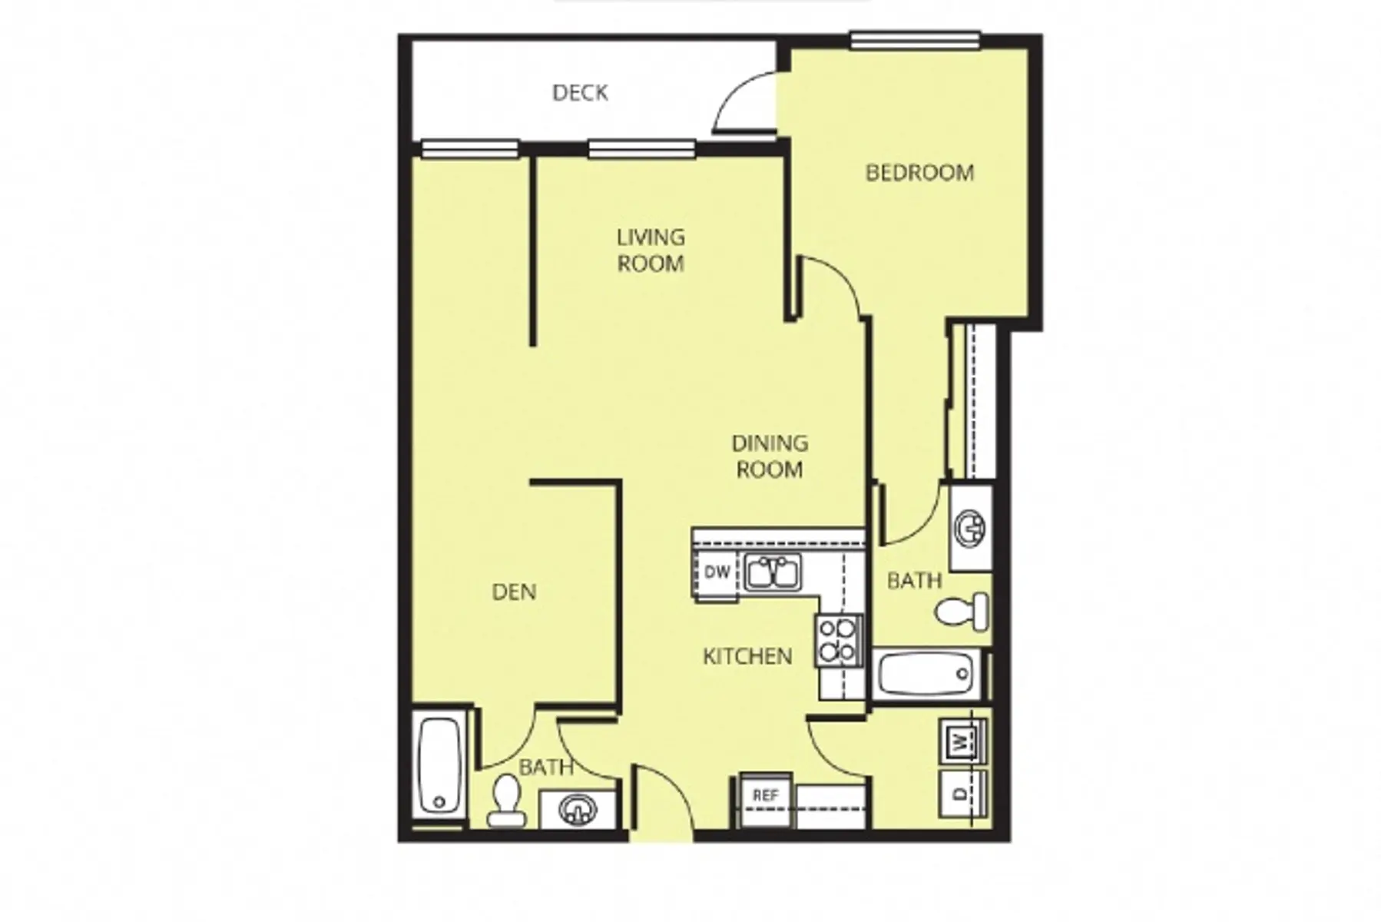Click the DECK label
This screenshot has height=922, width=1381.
580,93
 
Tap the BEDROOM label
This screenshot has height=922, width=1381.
919,172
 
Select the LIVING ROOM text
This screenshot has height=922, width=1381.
651,250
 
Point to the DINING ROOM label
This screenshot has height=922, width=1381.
770,456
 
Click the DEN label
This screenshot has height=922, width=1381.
514,592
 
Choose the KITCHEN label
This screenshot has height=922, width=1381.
747,656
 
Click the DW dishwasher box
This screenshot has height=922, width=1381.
717,572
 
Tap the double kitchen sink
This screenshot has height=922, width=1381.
773,572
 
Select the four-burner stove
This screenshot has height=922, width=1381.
838,640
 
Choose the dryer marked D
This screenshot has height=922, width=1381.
961,794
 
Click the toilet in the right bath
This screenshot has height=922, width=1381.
963,612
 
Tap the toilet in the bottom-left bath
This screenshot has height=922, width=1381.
506,801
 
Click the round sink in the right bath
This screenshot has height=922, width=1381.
970,528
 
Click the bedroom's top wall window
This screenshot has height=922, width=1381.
915,40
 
